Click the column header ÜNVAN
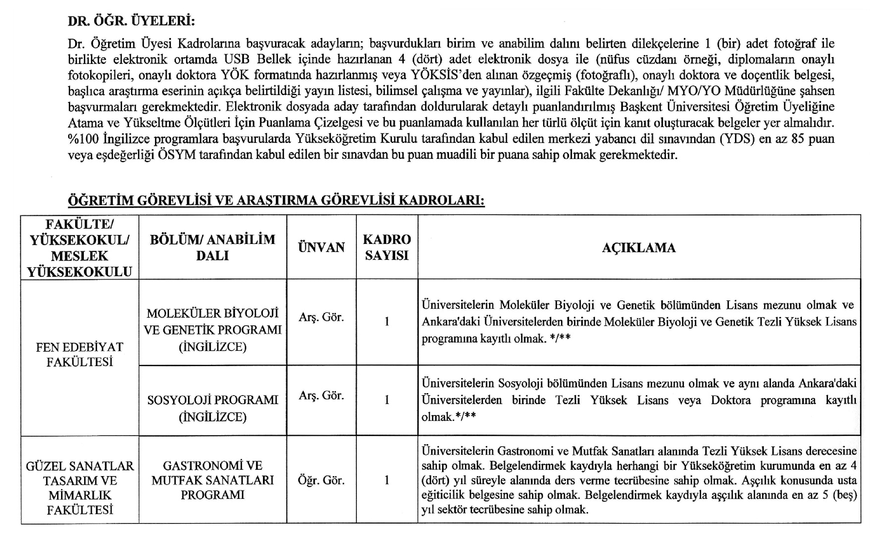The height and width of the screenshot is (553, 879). pos(321,247)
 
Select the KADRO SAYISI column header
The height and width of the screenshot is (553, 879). pos(387,247)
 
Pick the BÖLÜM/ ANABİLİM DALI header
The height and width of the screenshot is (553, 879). pos(213,247)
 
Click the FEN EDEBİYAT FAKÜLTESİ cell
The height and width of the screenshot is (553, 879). pos(79,354)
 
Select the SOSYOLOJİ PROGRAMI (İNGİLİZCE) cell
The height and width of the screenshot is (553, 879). pos(213,408)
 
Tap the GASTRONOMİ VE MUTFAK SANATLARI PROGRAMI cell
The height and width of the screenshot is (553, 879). pos(213,480)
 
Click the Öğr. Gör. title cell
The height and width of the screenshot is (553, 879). pos(321,480)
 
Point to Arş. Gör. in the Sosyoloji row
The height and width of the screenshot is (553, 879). pos(321,395)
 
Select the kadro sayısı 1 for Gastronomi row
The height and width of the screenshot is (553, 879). pos(387,480)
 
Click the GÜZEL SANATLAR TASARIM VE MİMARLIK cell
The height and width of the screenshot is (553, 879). pos(79,488)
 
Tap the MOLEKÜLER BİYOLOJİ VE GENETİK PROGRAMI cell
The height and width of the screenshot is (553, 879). pos(213,329)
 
